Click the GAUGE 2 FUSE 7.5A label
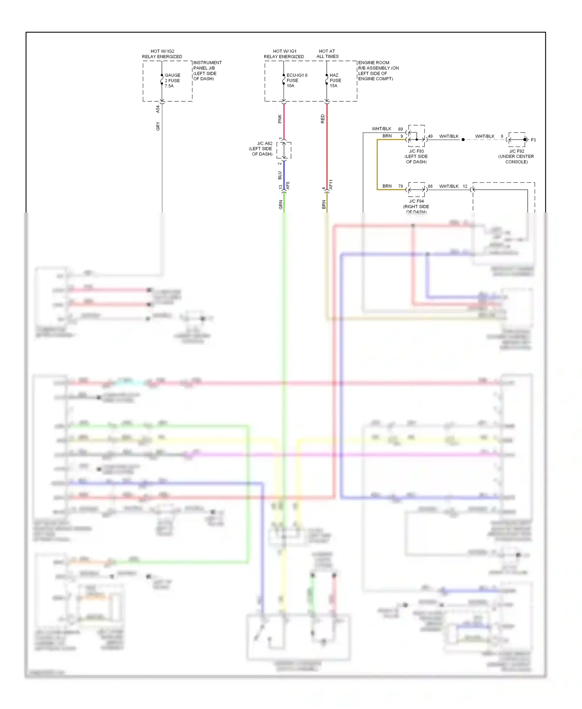tap(172, 81)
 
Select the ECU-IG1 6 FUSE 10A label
tap(296, 81)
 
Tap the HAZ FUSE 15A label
tap(335, 81)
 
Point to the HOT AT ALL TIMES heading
tap(327, 54)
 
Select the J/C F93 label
tap(416, 157)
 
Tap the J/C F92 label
tap(516, 157)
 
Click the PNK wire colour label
tap(280, 119)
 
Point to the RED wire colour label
tap(323, 119)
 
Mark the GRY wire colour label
tap(158, 126)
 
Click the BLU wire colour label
tap(280, 176)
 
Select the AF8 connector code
tap(288, 186)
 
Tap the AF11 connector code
tap(331, 185)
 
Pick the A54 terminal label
tap(158, 109)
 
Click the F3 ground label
tap(533, 140)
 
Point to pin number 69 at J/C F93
tap(400, 129)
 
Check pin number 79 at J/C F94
tap(400, 187)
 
